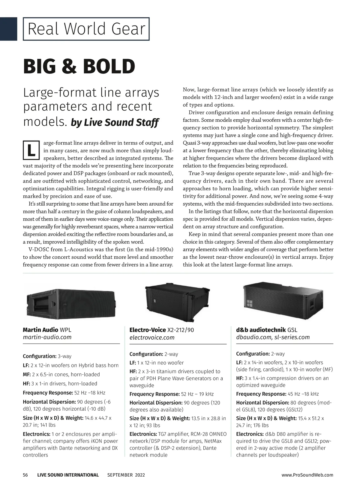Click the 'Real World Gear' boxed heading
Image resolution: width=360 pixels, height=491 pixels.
(86, 29)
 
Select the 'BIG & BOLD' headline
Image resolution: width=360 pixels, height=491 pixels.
(79, 66)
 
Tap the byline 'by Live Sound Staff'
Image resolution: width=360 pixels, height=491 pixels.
(115, 123)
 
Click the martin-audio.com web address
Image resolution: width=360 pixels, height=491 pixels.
(47, 337)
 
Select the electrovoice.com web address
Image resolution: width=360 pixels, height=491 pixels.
(152, 338)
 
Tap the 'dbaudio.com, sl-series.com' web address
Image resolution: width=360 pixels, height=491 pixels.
(273, 337)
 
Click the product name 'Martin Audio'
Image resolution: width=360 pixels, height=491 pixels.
(40, 330)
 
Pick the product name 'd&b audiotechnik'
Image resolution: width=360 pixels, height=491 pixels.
(261, 330)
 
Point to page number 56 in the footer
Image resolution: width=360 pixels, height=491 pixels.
(25, 475)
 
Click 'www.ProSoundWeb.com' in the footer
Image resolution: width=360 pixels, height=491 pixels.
(307, 475)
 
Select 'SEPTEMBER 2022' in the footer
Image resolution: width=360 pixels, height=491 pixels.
(126, 475)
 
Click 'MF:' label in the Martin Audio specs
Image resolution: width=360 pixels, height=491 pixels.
(27, 374)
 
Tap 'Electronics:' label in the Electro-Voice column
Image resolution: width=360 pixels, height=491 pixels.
(143, 434)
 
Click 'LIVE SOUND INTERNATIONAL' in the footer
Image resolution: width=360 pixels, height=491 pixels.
(68, 475)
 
